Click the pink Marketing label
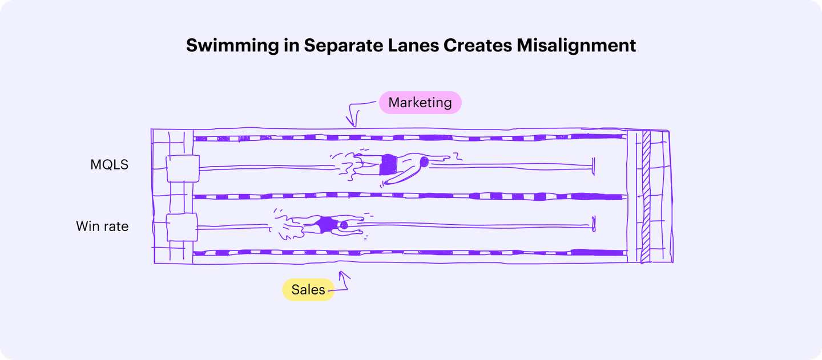click(x=420, y=103)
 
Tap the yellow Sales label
click(x=308, y=289)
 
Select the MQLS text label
click(x=110, y=165)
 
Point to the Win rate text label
click(x=102, y=226)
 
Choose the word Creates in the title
click(x=478, y=46)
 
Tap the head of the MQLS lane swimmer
click(x=424, y=162)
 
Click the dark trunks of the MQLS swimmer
click(x=389, y=165)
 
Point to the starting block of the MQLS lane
click(x=183, y=168)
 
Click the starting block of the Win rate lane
click(x=182, y=227)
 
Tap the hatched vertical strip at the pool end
click(x=646, y=197)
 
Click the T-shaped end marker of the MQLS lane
click(x=594, y=166)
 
